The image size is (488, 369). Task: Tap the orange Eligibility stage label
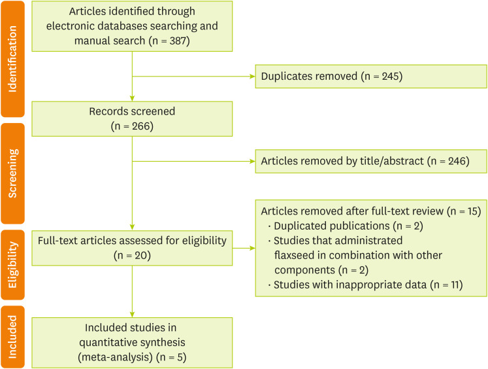pos(12,264)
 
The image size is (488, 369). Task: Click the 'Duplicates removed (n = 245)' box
pos(370,77)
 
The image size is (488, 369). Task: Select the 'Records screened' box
pos(131,118)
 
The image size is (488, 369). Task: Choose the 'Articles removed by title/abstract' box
pos(370,160)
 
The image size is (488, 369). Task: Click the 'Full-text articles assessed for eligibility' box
pos(131,247)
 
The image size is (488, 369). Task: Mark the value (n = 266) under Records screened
pos(131,126)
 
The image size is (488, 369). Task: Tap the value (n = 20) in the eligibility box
pos(131,255)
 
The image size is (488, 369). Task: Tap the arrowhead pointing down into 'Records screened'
pos(132,97)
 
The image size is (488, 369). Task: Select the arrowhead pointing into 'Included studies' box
pos(132,314)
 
